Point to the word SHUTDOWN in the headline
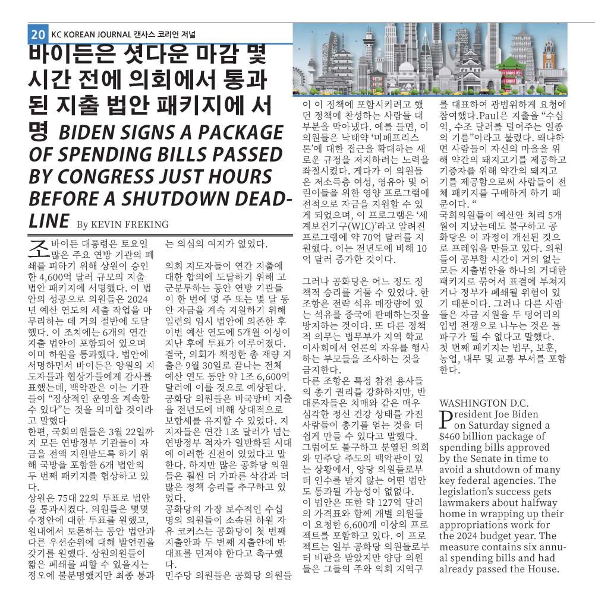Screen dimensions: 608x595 tap(193, 198)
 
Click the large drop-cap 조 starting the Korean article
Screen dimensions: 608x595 tap(37, 248)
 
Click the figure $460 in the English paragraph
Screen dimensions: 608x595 tap(453, 436)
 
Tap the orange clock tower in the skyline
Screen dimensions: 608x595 tap(548, 63)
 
